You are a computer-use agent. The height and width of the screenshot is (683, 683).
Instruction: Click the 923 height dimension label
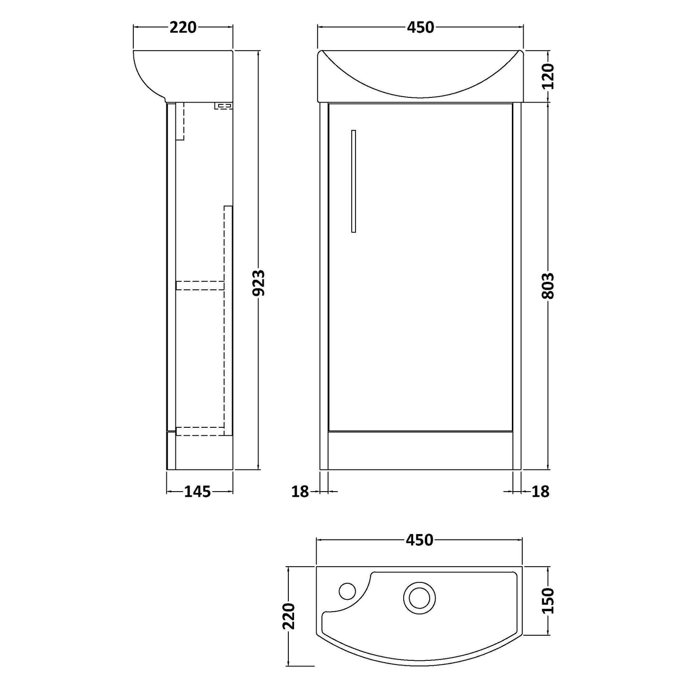(259, 283)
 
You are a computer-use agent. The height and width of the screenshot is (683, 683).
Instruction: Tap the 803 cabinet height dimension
(548, 285)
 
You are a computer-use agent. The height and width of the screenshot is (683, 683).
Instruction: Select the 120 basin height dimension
(548, 77)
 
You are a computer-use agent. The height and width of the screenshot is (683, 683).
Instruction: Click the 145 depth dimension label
(198, 491)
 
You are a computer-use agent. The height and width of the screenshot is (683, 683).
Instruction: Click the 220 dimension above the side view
(183, 27)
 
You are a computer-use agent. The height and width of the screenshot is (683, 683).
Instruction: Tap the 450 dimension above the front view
(420, 27)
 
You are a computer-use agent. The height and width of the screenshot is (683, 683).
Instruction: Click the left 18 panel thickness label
(300, 492)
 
